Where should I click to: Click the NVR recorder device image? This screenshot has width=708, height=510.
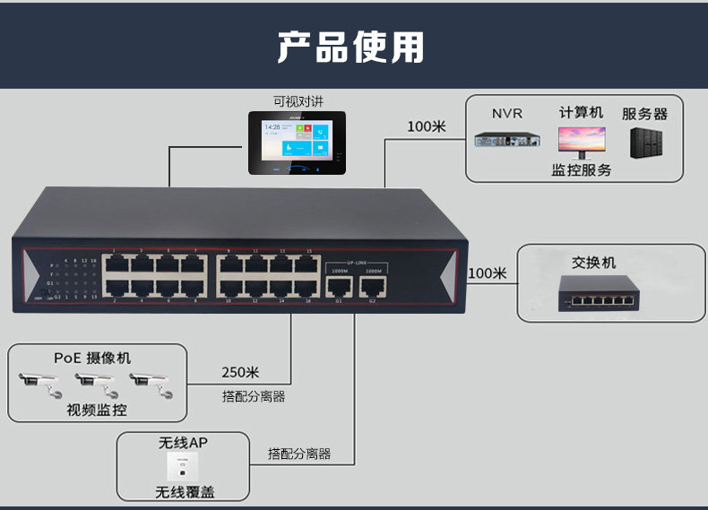click(x=507, y=140)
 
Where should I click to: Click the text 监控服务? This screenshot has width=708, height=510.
click(x=582, y=169)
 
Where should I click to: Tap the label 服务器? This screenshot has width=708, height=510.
click(x=644, y=114)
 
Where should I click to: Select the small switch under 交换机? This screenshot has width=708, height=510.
click(x=594, y=293)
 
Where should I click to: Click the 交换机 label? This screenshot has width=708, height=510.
click(x=594, y=263)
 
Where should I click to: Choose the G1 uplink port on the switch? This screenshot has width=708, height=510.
click(x=339, y=286)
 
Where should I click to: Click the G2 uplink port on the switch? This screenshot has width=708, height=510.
click(x=372, y=286)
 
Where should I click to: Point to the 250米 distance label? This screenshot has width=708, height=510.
click(x=240, y=373)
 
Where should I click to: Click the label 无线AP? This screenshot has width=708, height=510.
click(x=183, y=442)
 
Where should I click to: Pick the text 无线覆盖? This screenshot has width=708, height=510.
click(x=185, y=492)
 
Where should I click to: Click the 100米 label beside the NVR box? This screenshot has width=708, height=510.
click(x=427, y=126)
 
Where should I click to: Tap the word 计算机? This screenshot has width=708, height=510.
click(x=581, y=113)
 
